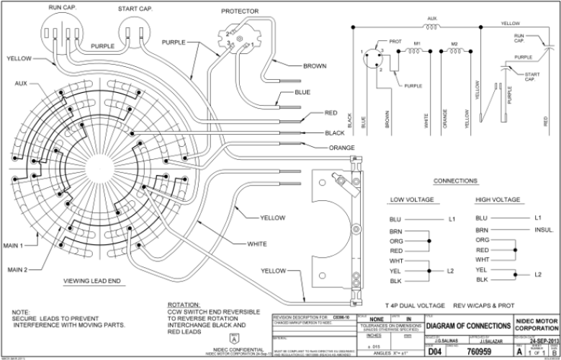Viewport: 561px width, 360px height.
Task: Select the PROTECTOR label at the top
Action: [241, 12]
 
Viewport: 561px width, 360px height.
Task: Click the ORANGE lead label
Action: [344, 148]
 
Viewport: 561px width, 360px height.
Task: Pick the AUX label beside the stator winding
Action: [21, 84]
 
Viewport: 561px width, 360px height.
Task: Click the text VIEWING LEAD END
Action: [91, 279]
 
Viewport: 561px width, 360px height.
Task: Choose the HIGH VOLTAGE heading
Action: [498, 199]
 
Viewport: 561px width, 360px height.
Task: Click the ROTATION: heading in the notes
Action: [184, 305]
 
